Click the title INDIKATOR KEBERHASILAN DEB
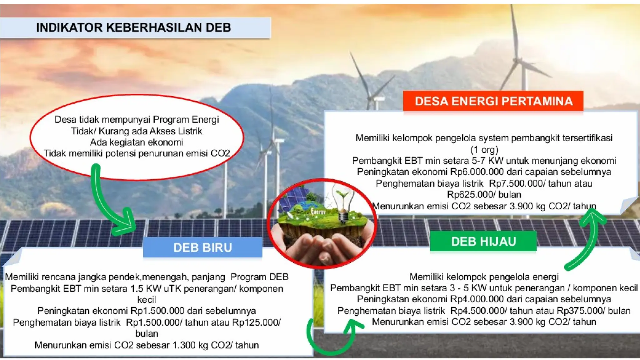tap(133, 27)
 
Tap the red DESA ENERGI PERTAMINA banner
tap(493, 101)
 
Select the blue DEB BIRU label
tap(202, 247)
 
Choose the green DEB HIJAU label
tap(483, 241)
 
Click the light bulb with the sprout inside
tap(343, 203)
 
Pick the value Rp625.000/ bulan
tap(484, 194)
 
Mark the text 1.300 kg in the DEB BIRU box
tap(190, 345)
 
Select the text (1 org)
tap(484, 149)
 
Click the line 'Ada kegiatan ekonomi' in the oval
tap(137, 142)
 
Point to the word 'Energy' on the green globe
tap(318, 212)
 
